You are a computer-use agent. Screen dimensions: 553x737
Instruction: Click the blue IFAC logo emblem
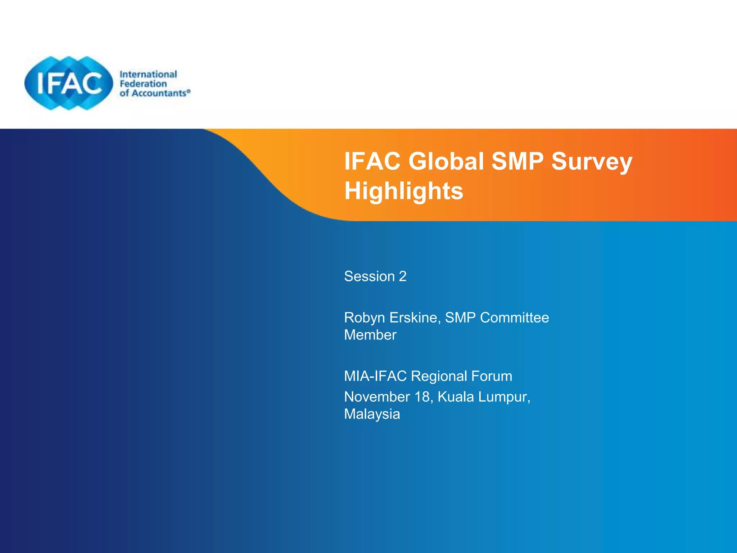(x=68, y=83)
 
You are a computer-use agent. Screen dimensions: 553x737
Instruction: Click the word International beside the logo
(x=148, y=74)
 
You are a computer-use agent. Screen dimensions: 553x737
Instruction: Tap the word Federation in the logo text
(x=143, y=84)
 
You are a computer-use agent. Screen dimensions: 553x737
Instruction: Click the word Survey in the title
(x=592, y=162)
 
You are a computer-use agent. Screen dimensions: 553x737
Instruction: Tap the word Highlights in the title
(x=404, y=191)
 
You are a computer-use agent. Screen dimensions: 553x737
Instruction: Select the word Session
(x=369, y=276)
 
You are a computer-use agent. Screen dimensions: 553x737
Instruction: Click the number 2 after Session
(x=403, y=276)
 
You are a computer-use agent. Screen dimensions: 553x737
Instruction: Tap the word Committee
(x=514, y=318)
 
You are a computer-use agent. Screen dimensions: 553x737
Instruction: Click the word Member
(x=370, y=335)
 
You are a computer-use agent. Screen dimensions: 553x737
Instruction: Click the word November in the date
(x=377, y=397)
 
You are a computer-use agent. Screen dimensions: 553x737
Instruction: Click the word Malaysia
(x=372, y=414)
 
